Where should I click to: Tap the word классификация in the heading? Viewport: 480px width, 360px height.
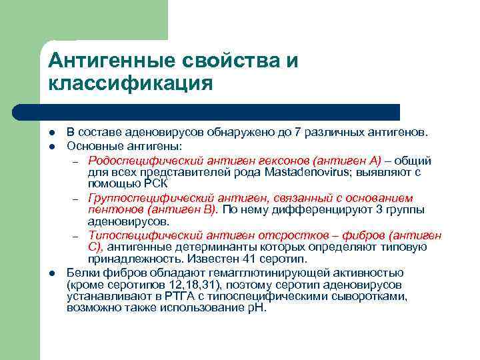(x=131, y=83)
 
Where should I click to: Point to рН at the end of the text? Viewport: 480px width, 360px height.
(x=257, y=308)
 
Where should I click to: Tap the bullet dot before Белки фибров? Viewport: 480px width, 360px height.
(x=51, y=273)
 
